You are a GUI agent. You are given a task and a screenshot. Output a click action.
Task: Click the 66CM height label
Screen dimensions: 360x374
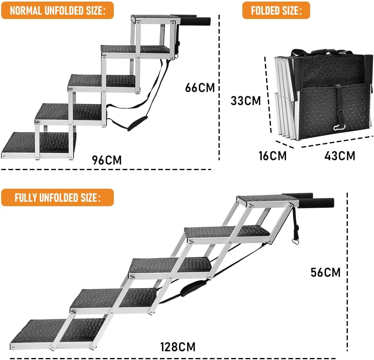(x=200, y=88)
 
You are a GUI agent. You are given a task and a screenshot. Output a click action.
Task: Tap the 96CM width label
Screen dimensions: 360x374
(x=107, y=160)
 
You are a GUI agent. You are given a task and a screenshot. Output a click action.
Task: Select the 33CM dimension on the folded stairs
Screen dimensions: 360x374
(x=246, y=100)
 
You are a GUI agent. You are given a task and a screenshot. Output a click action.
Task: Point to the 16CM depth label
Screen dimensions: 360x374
(x=273, y=156)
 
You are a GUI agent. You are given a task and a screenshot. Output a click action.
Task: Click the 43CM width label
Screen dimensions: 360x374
(x=340, y=156)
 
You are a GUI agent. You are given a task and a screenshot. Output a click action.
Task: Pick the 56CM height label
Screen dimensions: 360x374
(x=326, y=273)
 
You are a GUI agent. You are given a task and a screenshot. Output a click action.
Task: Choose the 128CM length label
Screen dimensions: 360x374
(x=178, y=347)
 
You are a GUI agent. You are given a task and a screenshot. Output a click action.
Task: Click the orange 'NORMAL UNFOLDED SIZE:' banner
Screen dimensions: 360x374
(x=58, y=10)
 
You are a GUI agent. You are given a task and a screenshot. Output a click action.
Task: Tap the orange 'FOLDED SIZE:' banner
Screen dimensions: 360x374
(x=276, y=10)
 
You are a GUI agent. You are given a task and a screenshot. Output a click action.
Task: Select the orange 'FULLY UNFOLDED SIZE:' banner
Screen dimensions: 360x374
(x=58, y=197)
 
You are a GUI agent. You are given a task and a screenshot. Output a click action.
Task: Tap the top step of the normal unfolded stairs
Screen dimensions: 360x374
(x=152, y=18)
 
